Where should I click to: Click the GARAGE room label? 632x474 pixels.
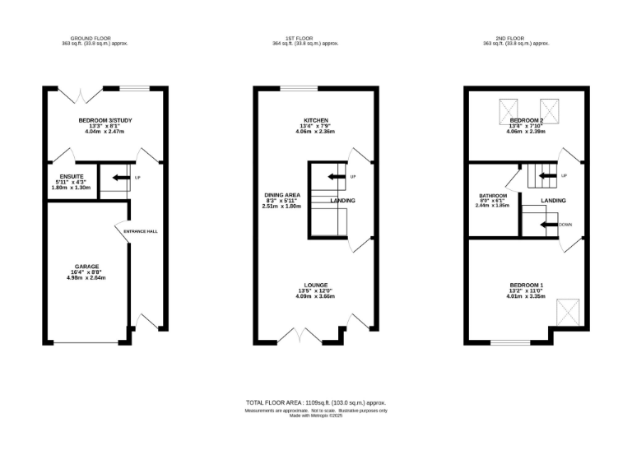tap(87, 266)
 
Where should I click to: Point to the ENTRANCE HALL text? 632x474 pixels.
tap(140, 231)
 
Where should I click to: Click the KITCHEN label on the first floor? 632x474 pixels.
tap(315, 121)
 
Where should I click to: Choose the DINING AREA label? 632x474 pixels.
tap(281, 195)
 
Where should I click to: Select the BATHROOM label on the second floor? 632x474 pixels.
tap(493, 196)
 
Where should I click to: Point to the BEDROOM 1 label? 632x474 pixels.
tap(525, 285)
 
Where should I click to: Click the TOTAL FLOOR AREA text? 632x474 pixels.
tap(315, 402)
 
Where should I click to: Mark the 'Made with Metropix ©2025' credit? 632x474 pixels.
tap(315, 415)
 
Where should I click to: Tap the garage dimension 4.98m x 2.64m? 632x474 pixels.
tap(87, 277)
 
